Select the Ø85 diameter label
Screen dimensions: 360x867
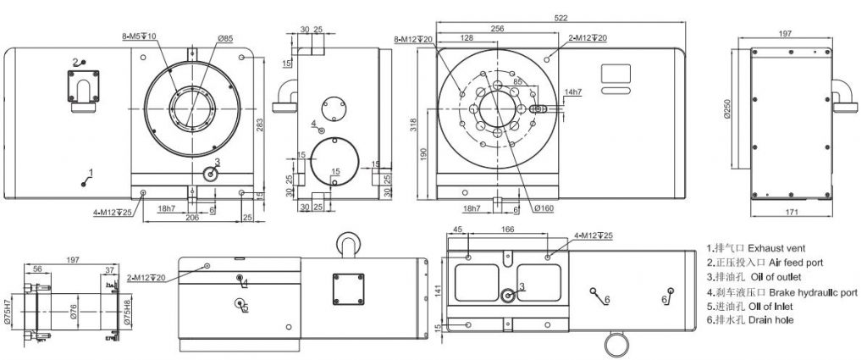click(225, 38)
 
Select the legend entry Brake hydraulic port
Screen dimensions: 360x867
click(779, 292)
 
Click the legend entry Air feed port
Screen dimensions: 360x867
click(766, 263)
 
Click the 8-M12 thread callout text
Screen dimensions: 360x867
click(414, 39)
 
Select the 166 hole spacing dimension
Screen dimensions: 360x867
click(508, 229)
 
